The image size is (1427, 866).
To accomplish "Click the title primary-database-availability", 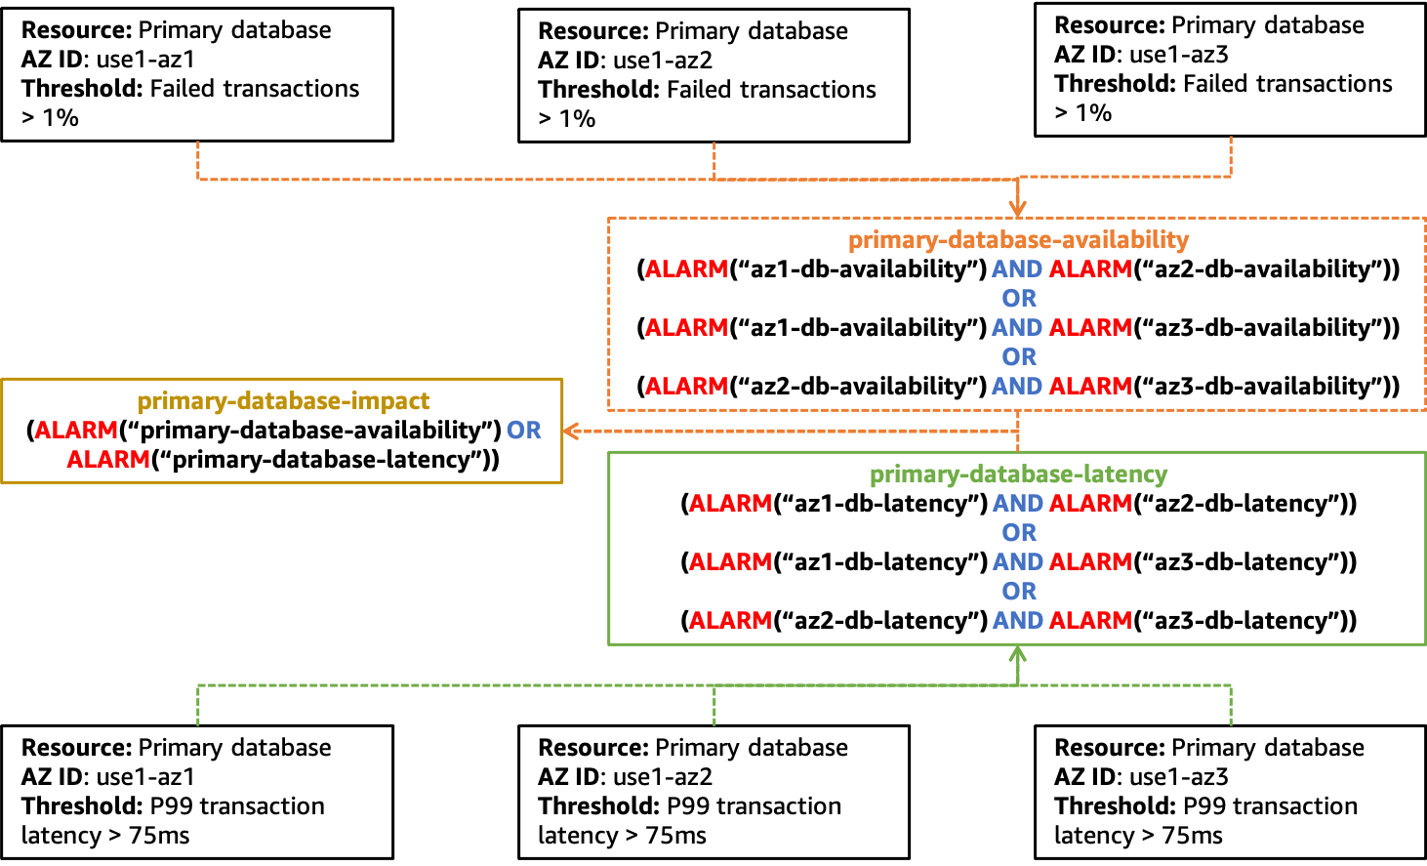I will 1018,240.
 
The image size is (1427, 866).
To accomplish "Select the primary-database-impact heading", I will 283,401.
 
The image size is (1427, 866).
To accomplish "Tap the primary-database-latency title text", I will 1018,474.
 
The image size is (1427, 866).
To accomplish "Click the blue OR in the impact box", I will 523,431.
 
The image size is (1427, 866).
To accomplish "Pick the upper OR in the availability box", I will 1018,299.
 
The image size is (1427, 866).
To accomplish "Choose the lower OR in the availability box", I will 1018,357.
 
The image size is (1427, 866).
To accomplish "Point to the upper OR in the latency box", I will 1018,533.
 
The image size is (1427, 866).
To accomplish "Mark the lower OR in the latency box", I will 1018,592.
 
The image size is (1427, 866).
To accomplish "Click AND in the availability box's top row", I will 1017,269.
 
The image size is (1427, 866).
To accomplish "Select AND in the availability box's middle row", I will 1017,328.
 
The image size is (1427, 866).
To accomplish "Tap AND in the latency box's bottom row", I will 1017,621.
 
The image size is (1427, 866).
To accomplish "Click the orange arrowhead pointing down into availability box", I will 1018,209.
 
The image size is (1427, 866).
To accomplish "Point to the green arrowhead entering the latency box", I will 1018,653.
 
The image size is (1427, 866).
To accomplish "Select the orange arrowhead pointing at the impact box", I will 571,431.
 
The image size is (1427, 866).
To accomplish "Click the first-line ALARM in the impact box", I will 76,431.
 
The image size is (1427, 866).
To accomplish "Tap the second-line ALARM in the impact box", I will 108,460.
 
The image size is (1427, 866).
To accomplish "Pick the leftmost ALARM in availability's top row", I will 686,269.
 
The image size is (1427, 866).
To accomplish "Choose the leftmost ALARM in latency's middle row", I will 730,562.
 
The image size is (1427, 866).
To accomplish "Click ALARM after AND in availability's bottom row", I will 1090,387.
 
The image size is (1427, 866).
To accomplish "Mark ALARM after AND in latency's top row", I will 1090,504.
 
